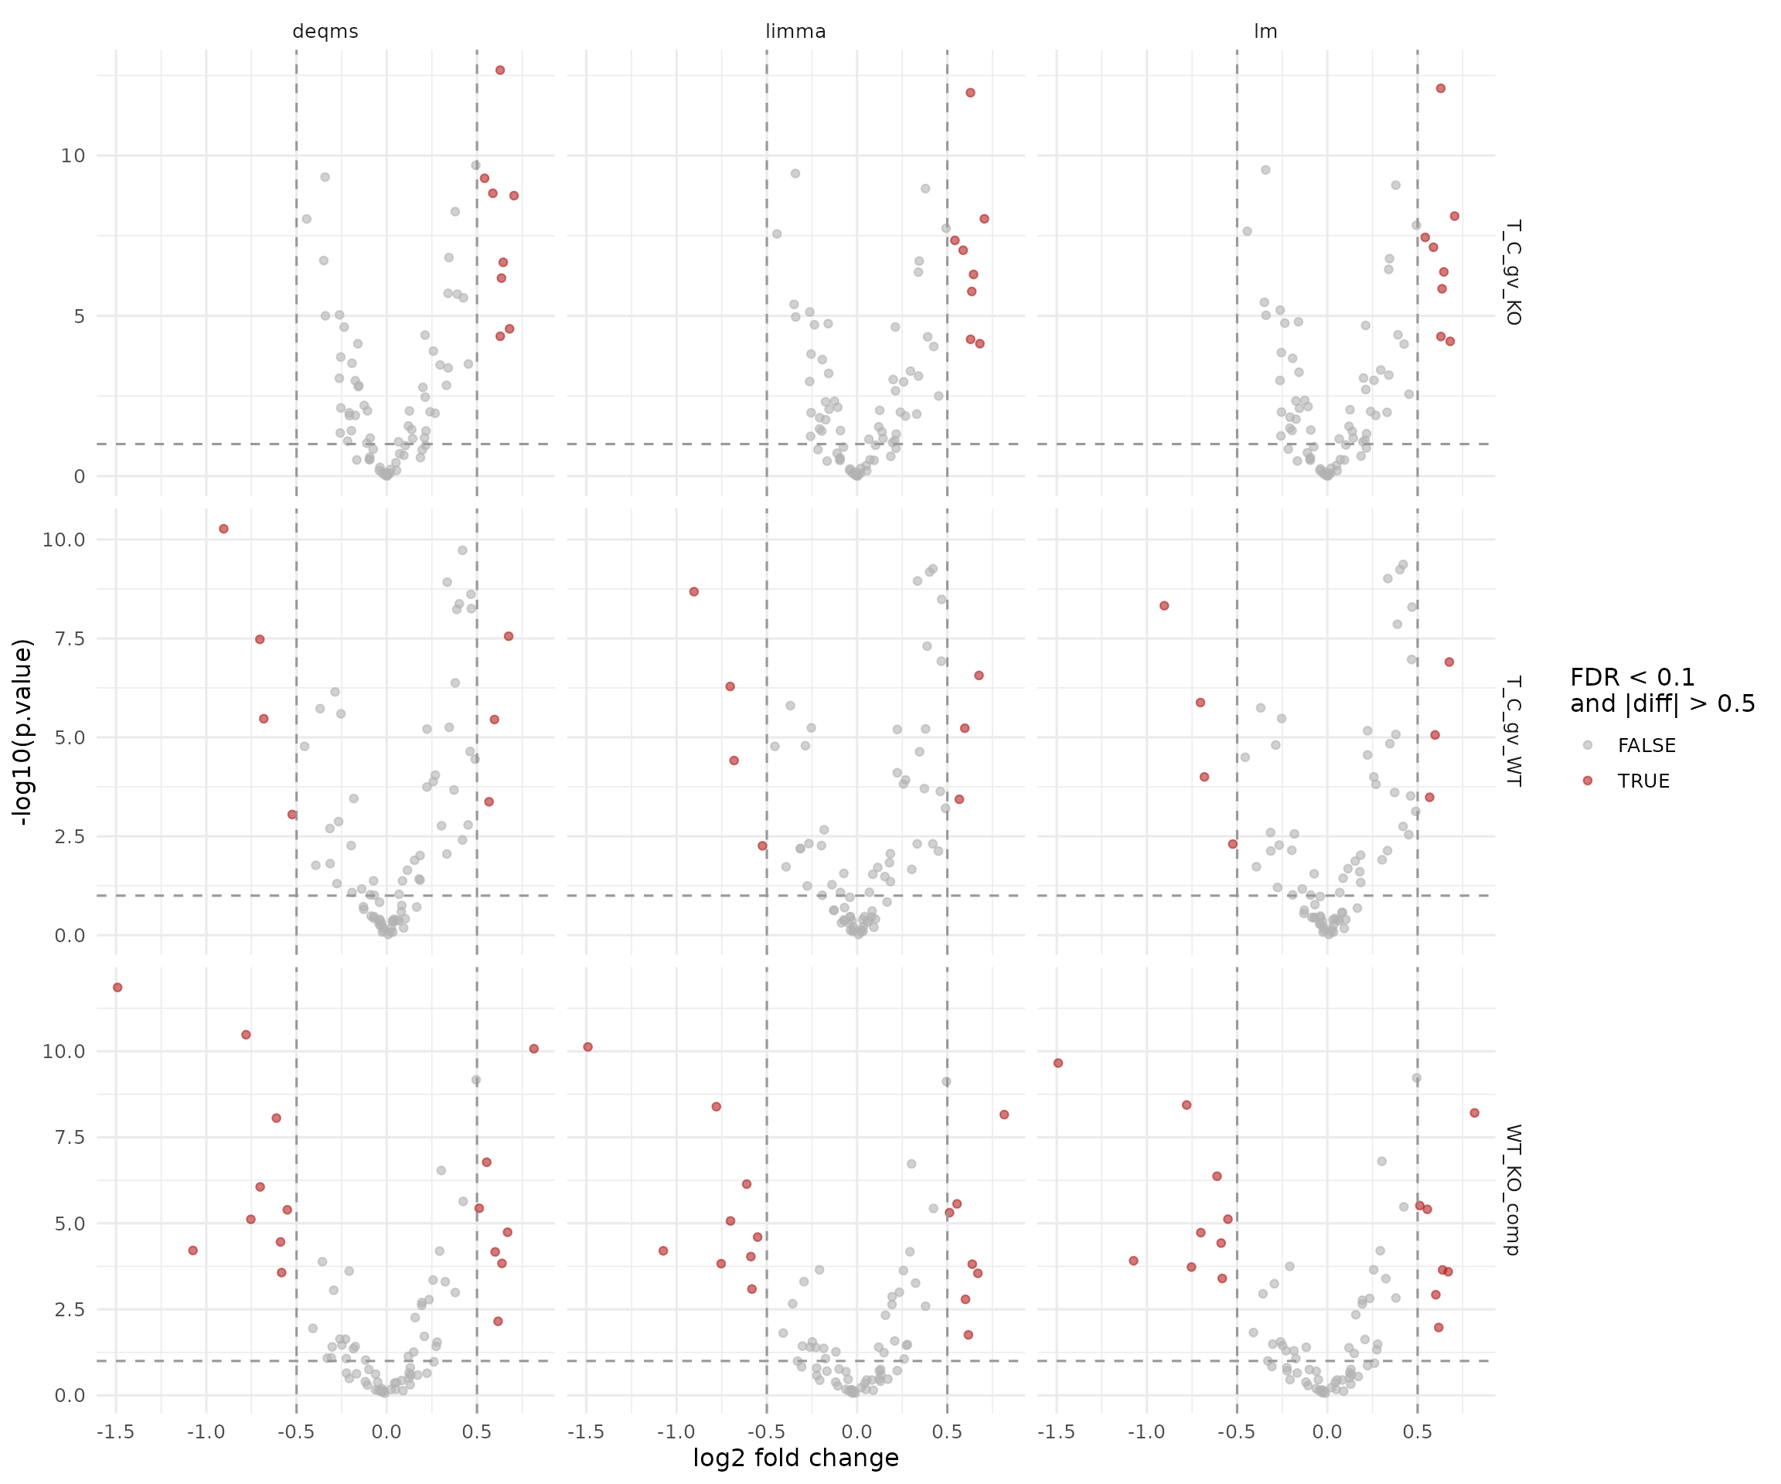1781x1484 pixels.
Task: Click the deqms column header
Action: (x=325, y=32)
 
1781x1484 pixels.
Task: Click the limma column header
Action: (x=795, y=32)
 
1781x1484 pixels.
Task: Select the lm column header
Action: (x=1265, y=32)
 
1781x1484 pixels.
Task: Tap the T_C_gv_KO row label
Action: (x=1512, y=272)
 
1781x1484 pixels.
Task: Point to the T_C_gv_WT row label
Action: (x=1512, y=730)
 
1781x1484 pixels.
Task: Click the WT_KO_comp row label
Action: (x=1512, y=1190)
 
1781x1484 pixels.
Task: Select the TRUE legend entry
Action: (x=1643, y=781)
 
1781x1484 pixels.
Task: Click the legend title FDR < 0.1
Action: (x=1633, y=678)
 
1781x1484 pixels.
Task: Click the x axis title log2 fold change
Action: (x=795, y=1458)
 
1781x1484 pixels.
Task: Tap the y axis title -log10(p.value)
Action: (x=23, y=732)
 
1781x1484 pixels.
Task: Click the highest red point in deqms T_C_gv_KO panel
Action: (x=500, y=70)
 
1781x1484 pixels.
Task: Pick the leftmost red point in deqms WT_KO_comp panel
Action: (x=118, y=987)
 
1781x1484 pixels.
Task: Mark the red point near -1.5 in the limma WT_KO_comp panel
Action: (x=587, y=1047)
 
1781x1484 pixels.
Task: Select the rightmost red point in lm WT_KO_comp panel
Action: (x=1474, y=1112)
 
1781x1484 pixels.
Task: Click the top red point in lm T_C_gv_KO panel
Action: (x=1440, y=88)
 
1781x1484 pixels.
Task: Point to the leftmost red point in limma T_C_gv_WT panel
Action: (x=693, y=592)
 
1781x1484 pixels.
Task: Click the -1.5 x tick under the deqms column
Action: (x=115, y=1432)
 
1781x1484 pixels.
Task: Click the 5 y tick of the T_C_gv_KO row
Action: (x=79, y=316)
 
